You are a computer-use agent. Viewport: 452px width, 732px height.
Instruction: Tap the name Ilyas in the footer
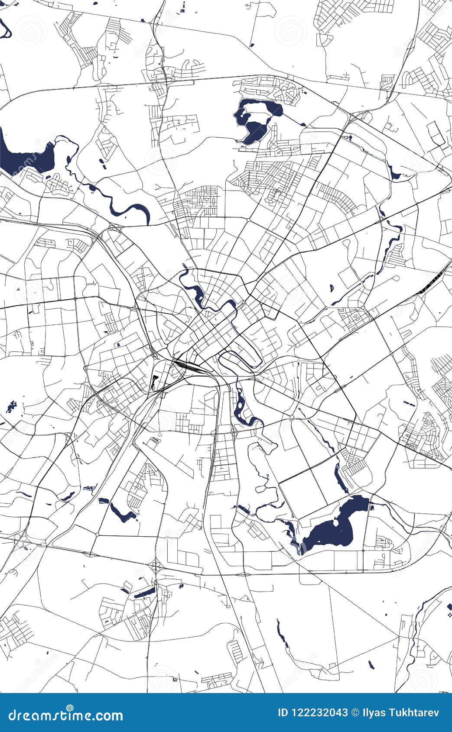371,713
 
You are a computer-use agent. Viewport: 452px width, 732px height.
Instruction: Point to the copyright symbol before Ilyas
355,713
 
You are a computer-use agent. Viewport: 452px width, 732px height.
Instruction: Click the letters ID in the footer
283,713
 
